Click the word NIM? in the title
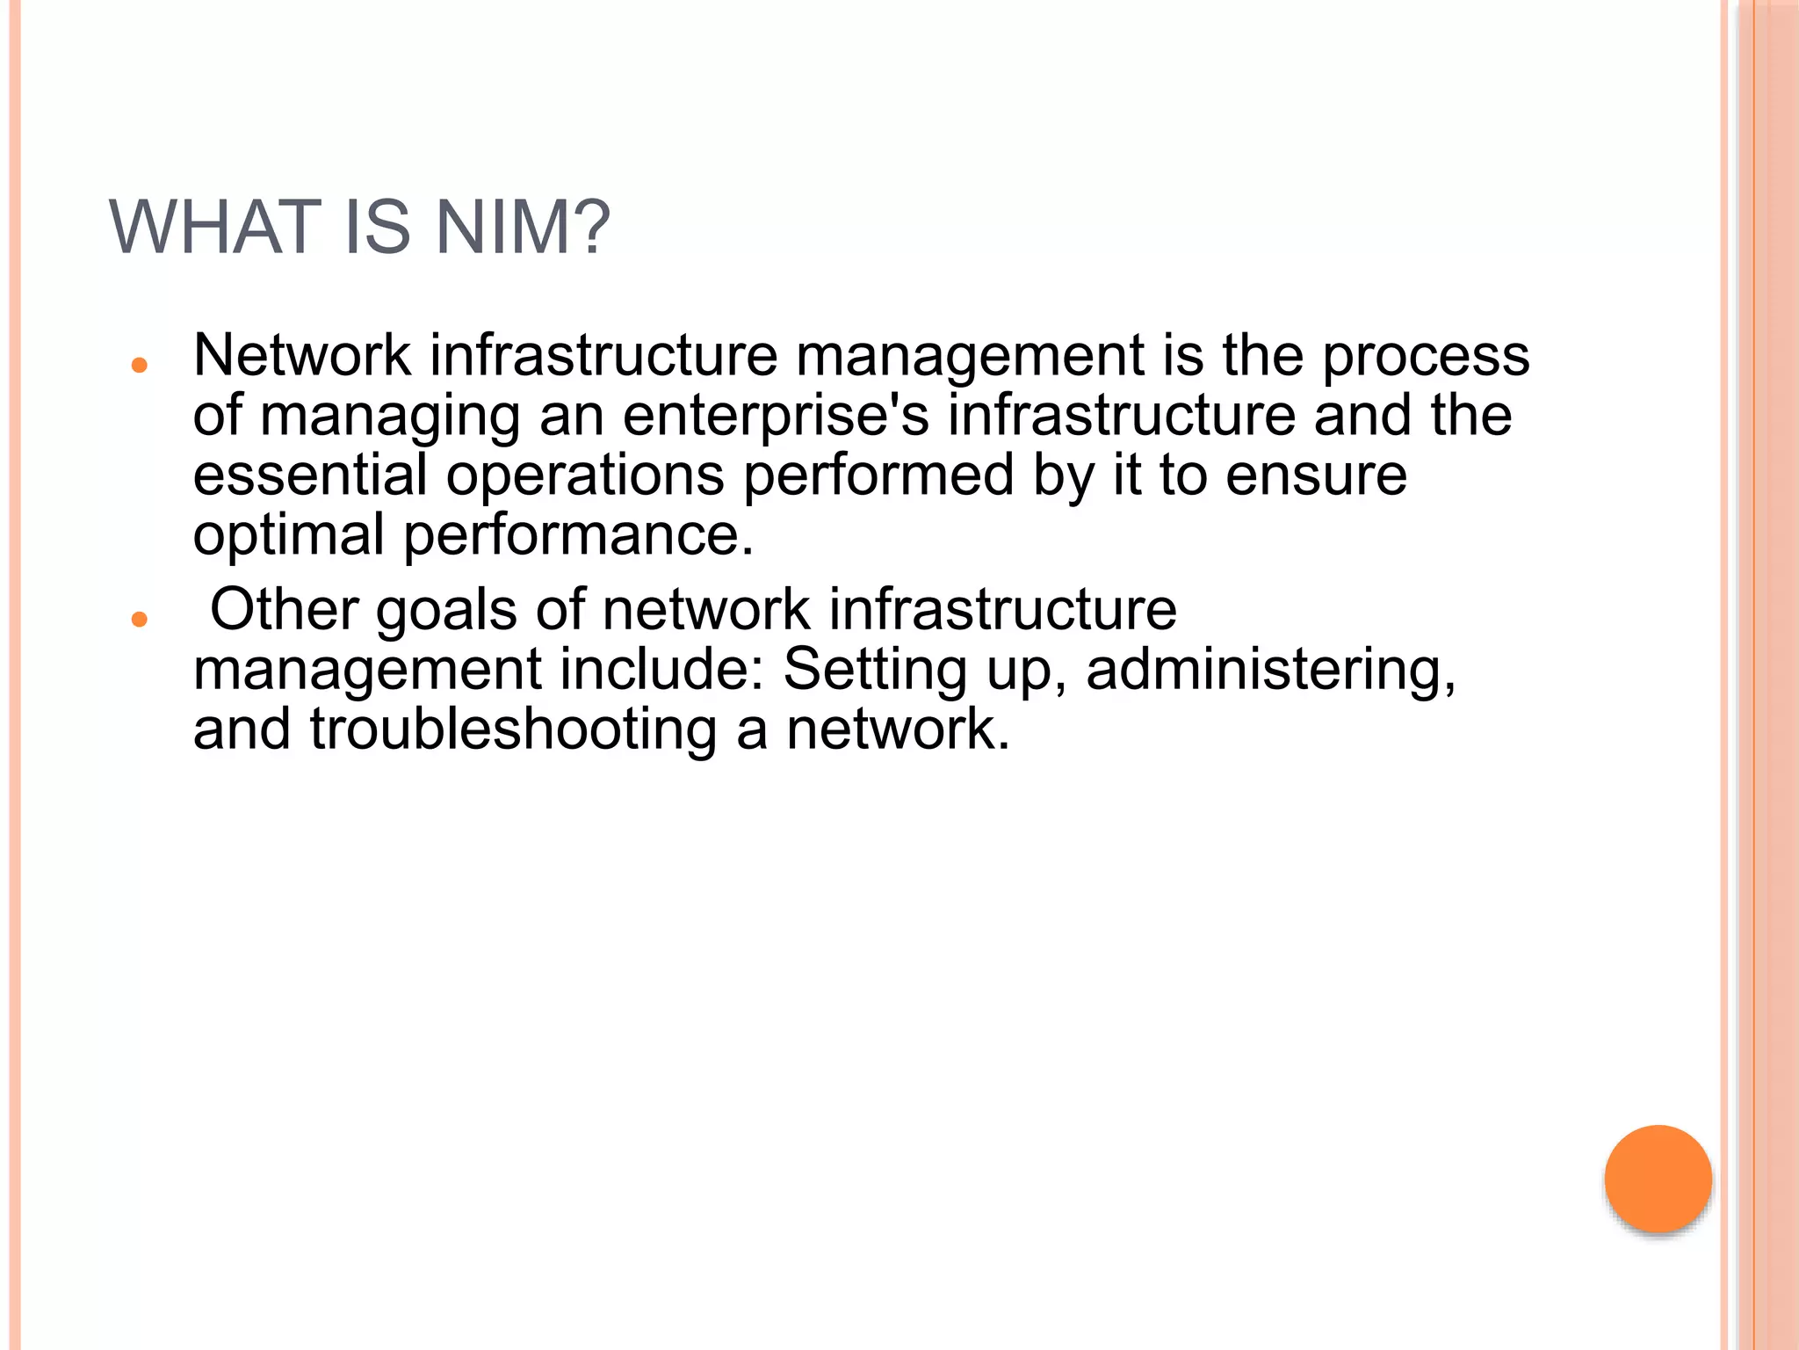pos(523,228)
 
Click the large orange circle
pos(1658,1179)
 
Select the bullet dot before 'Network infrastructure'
pos(138,366)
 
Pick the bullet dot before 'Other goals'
pos(138,620)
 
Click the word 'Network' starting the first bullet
pos(302,355)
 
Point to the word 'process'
pos(1426,357)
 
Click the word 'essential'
pos(309,475)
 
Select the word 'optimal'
pos(288,534)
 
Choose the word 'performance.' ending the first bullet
pos(579,534)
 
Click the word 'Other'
pos(284,609)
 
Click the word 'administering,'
pos(1271,671)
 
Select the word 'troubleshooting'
pos(513,730)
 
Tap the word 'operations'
pos(585,475)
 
